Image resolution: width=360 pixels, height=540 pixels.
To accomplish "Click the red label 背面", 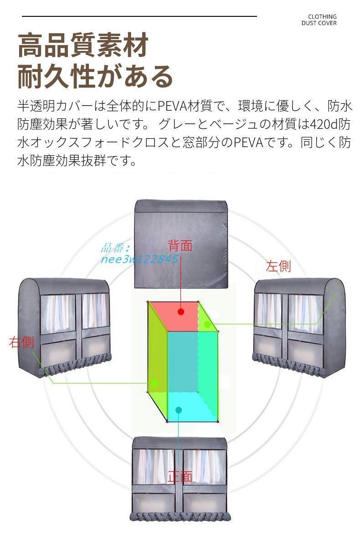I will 180,246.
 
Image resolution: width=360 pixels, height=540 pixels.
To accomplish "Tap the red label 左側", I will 278,266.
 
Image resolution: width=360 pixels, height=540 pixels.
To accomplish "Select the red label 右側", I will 21,342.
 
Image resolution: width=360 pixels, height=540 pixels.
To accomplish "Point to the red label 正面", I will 180,477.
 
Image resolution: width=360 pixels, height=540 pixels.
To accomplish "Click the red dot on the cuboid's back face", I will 181,312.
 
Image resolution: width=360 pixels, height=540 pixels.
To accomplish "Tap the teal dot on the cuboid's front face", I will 179,410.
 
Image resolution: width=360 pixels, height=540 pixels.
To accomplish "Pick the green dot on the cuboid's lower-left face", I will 154,383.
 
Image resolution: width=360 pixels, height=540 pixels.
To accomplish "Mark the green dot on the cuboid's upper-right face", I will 207,325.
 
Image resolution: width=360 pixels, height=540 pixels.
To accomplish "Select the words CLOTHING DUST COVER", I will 319,20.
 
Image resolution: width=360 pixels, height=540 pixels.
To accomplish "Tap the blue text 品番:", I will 115,248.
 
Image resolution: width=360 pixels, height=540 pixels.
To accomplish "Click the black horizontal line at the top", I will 139,16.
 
